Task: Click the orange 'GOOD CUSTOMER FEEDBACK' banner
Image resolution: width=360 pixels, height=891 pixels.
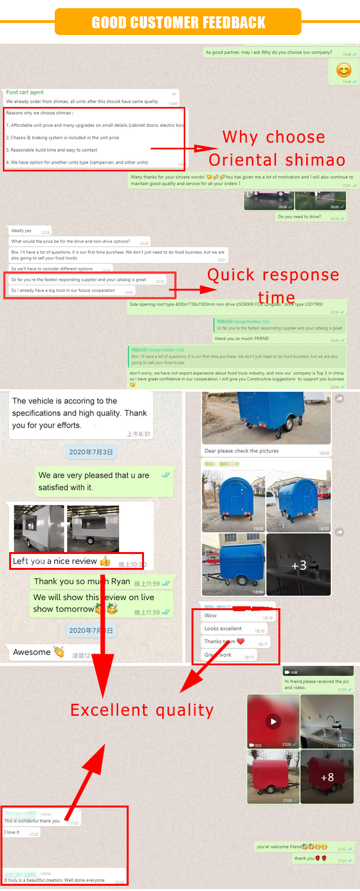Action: pos(178,22)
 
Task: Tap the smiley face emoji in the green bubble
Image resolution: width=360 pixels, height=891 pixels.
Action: pos(344,71)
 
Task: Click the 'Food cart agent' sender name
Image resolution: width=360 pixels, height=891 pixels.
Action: pos(25,92)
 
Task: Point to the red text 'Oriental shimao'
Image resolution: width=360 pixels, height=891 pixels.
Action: pos(277,160)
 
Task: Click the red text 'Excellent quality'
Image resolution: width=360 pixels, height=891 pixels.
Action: pos(142,710)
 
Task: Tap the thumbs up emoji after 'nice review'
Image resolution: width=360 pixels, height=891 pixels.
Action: pos(105,561)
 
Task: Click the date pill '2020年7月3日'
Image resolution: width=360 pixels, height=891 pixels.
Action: pos(91,452)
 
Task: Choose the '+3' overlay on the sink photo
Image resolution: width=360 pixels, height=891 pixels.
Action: pos(299,566)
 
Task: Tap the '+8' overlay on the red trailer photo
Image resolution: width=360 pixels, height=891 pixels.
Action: pos(327,777)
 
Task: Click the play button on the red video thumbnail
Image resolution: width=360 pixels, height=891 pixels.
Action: pos(273,721)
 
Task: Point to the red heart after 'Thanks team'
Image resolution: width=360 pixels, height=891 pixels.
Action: pos(241,641)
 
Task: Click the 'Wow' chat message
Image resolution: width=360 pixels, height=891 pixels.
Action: pos(211,615)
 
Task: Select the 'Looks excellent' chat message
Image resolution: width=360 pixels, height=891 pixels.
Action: pos(223,628)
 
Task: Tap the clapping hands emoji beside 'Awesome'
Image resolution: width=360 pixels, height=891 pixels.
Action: pos(59,652)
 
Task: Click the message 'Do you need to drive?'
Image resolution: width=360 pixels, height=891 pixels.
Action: pos(300,217)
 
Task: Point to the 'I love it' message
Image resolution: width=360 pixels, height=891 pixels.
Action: pos(12,832)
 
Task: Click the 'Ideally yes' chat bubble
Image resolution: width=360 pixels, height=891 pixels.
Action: pos(22,230)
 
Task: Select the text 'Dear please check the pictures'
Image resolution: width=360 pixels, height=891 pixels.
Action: pos(241,451)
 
